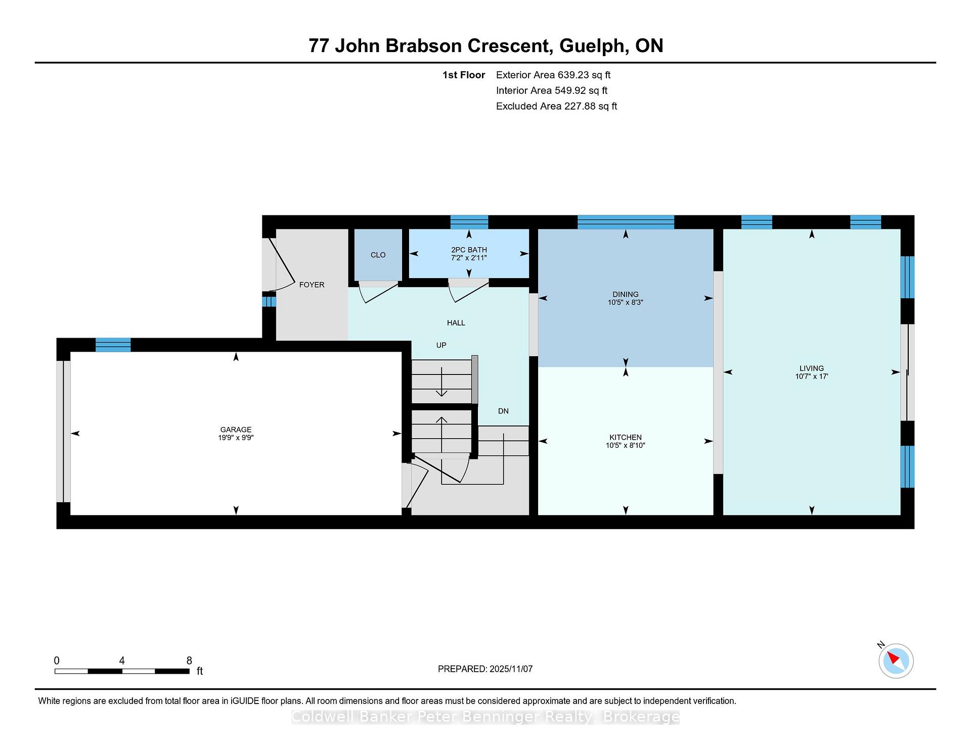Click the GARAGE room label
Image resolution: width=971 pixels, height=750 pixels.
pos(236,430)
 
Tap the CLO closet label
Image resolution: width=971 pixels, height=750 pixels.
pos(378,255)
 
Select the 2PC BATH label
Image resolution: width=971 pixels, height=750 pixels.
pos(469,250)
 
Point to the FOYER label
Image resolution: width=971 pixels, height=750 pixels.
pos(312,285)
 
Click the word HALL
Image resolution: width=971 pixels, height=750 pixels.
pos(456,323)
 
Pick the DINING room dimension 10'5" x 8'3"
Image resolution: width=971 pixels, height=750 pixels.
pos(626,302)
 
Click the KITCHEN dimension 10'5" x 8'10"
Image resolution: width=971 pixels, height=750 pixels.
pos(626,445)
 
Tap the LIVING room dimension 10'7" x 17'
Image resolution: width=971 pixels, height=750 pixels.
pos(812,376)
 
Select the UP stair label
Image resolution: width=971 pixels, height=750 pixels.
pos(442,345)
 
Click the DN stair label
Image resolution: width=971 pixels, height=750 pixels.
pos(503,411)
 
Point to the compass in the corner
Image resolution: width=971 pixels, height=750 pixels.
pos(896,661)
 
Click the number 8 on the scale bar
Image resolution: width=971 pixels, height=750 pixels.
pos(189,661)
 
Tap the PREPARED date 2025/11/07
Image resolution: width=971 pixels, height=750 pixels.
pos(511,669)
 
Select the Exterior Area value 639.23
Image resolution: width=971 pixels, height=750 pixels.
pos(573,75)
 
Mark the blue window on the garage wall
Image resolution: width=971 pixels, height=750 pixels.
pos(113,345)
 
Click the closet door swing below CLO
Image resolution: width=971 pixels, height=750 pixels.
pos(378,293)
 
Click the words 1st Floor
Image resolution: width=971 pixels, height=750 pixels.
pos(464,75)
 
